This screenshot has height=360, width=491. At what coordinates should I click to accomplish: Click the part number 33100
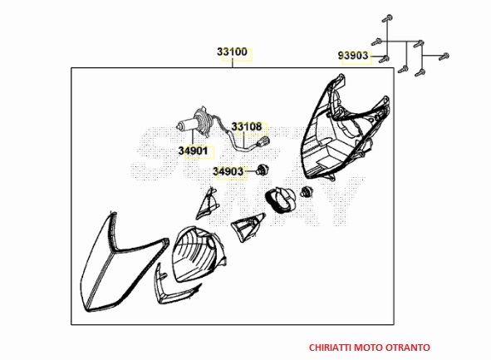tap(232, 52)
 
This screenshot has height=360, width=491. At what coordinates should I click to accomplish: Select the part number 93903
tap(353, 56)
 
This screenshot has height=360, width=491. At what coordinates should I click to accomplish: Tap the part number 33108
tap(247, 127)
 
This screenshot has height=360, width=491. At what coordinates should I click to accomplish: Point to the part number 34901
tap(194, 151)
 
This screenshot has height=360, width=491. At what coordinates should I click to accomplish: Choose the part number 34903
tap(228, 171)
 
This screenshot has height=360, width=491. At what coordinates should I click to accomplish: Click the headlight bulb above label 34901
tap(194, 123)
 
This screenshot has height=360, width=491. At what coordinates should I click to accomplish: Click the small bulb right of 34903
tap(260, 170)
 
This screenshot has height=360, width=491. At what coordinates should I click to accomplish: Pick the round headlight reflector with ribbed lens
tap(199, 254)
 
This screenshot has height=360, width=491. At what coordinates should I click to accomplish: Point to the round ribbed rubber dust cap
tap(279, 200)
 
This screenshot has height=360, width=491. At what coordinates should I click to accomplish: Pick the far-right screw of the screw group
tap(444, 57)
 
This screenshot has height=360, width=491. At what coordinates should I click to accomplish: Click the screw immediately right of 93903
tap(384, 58)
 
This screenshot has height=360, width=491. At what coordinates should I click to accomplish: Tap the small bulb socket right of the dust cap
tap(305, 191)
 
